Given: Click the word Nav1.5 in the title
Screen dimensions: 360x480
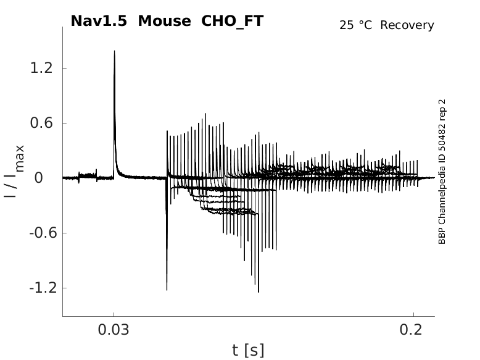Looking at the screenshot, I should (x=100, y=21).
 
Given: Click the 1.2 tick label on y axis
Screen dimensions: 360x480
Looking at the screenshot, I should (x=42, y=68).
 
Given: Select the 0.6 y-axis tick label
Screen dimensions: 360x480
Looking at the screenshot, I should (x=42, y=123).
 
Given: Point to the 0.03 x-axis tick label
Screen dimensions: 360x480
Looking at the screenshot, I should (x=114, y=330).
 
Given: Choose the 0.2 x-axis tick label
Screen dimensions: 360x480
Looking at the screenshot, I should (x=413, y=330).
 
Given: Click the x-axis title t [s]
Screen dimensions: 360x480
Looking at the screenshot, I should (x=248, y=351).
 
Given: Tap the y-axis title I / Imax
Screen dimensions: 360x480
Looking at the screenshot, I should (x=13, y=171).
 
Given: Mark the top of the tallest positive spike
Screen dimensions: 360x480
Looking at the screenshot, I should (x=114, y=51).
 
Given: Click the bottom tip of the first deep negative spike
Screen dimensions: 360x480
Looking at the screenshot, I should (x=167, y=290).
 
